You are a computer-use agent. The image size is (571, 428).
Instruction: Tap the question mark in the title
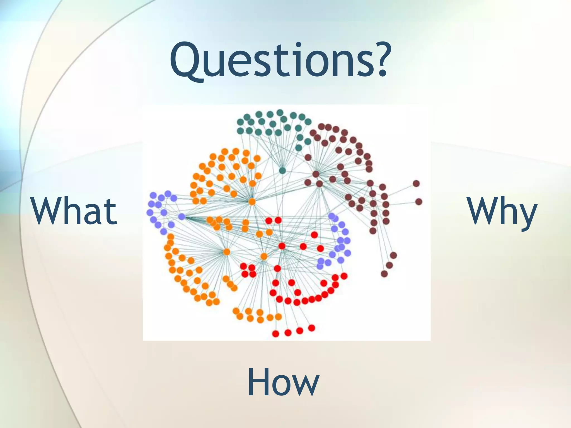click(378, 60)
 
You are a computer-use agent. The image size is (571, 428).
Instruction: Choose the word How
click(283, 382)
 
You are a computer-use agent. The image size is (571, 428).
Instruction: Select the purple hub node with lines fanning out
click(182, 217)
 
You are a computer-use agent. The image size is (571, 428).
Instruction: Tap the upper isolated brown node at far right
click(416, 183)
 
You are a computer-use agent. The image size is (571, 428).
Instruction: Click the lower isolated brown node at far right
click(418, 201)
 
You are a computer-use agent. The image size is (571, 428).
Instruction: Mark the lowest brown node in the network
click(384, 274)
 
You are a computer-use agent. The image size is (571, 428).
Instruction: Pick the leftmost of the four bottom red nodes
click(275, 334)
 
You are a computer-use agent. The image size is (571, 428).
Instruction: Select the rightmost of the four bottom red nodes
click(312, 328)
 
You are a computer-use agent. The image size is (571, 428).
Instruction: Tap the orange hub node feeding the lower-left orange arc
click(226, 252)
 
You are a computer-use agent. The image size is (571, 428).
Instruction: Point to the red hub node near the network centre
click(282, 246)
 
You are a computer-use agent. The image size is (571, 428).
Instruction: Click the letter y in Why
click(527, 216)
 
